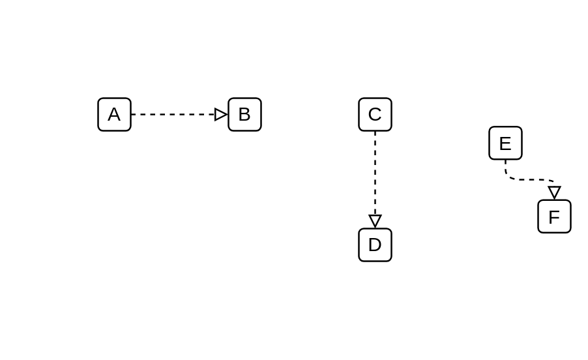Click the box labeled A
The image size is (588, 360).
pos(114,114)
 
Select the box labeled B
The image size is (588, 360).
pos(245,114)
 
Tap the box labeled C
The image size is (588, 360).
pos(375,114)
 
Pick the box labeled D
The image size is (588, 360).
pos(375,245)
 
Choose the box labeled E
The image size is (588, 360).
pos(505,143)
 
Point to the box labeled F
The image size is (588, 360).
pos(554,217)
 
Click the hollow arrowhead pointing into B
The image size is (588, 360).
pos(221,114)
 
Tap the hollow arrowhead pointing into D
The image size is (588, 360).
pos(375,221)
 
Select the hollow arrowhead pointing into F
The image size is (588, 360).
pos(554,193)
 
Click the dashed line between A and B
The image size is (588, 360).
pos(173,114)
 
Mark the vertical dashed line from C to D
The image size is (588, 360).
pos(375,173)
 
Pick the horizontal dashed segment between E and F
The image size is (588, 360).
pos(530,179)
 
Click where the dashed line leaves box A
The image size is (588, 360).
pos(132,114)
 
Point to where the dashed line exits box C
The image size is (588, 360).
pos(375,132)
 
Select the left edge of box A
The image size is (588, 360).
pos(98,114)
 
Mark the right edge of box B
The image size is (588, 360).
pos(261,114)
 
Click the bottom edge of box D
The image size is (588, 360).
pos(375,262)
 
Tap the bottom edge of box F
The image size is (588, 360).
pos(554,233)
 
